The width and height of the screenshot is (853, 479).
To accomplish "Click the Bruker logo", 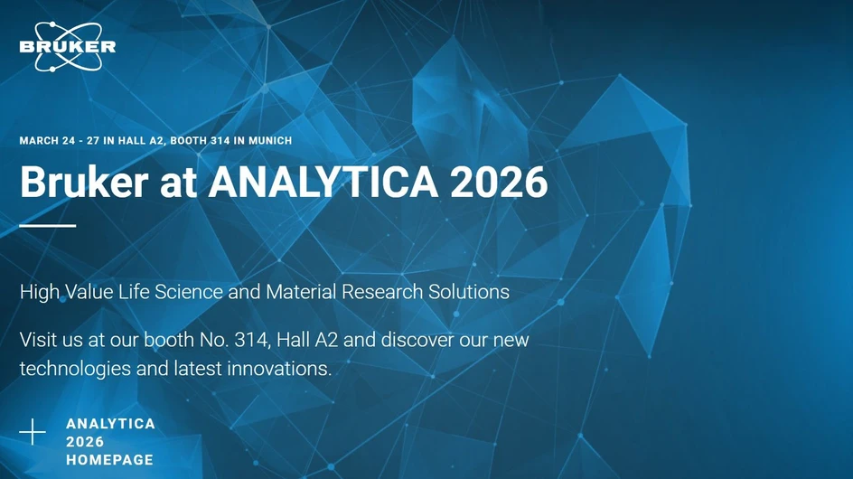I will (x=67, y=46).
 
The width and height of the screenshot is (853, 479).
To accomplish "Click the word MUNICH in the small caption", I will (x=270, y=141).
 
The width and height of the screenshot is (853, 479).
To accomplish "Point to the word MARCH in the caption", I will (x=39, y=141).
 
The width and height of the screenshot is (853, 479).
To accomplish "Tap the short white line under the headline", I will (x=47, y=226).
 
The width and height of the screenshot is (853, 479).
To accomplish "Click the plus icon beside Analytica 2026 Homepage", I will (x=33, y=432).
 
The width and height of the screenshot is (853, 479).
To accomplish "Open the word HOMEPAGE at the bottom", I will (x=109, y=460).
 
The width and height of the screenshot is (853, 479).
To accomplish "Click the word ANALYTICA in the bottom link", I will (x=110, y=424).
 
